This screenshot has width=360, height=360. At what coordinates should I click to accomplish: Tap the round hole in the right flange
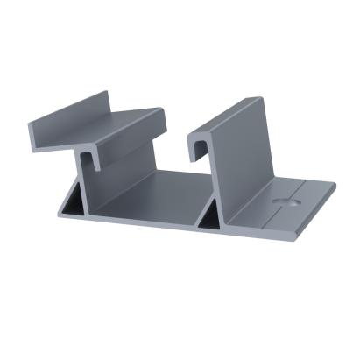point(283,201)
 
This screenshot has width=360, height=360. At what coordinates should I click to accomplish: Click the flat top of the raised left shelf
point(131,123)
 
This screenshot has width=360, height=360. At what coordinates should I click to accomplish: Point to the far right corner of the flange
point(335,185)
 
